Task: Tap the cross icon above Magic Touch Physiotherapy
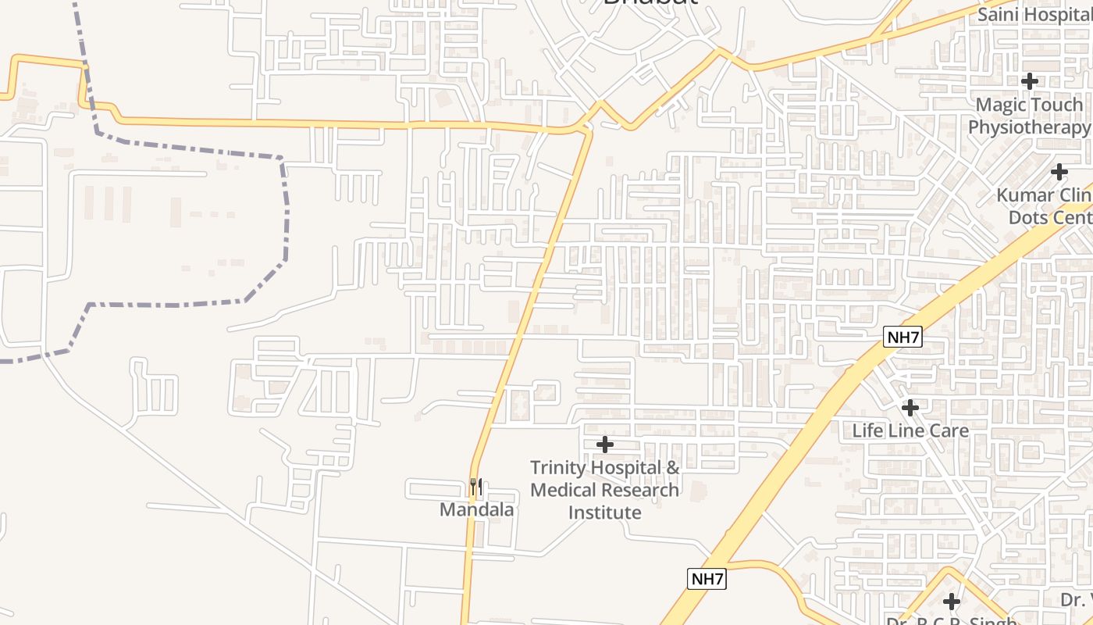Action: click(1030, 80)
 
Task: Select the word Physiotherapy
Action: click(1029, 127)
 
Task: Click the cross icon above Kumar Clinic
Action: click(1059, 171)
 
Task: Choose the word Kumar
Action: click(1024, 195)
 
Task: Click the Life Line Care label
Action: click(910, 430)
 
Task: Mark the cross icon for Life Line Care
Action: click(910, 407)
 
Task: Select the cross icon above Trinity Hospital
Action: click(604, 445)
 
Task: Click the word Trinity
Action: click(558, 468)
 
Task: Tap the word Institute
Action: click(604, 512)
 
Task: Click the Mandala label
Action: click(477, 510)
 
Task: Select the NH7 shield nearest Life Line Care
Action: click(903, 337)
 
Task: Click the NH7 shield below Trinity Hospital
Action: click(707, 579)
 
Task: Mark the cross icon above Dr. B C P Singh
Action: click(951, 601)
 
